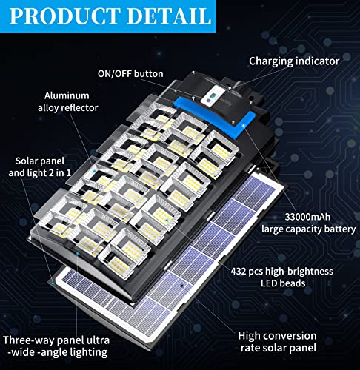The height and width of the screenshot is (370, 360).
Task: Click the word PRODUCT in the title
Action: [x=71, y=16]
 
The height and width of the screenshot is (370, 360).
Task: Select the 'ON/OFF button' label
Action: [x=129, y=73]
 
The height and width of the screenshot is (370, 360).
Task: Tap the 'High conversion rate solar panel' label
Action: [x=278, y=343]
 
